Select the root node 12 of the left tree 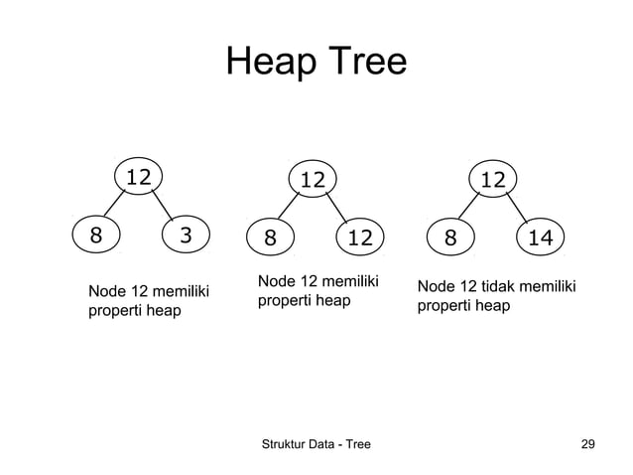coord(138,177)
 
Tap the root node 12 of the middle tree coord(313,180)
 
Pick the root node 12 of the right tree coord(492,180)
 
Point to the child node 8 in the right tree coord(450,238)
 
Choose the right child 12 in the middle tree coord(359,238)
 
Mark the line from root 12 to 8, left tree coord(114,207)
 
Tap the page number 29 coord(588,444)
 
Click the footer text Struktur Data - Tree coord(315,444)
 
